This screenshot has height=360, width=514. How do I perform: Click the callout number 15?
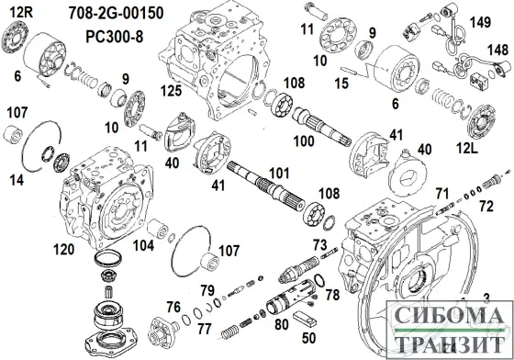pos(341,84)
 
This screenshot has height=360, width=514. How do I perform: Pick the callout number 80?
pos(282,323)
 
